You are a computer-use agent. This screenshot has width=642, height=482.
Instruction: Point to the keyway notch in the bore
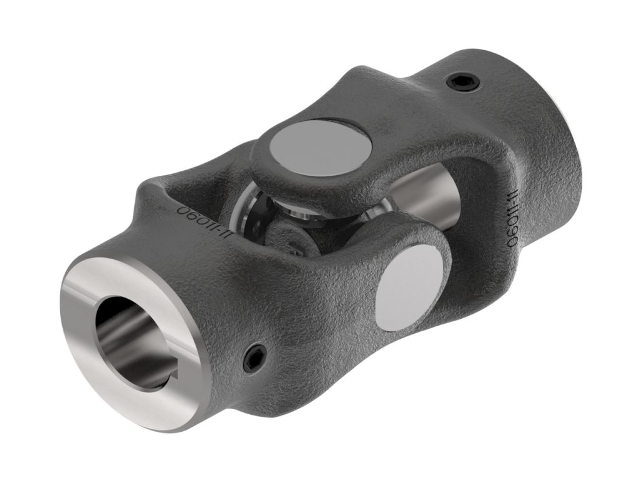(x=164, y=380)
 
